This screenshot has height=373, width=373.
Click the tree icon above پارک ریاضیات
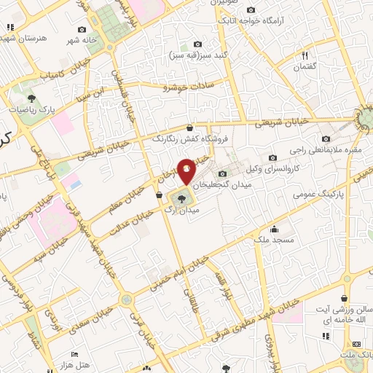coord(31,97)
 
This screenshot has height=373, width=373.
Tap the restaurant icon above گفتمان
coord(307,55)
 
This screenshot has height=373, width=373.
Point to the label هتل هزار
coord(94,364)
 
